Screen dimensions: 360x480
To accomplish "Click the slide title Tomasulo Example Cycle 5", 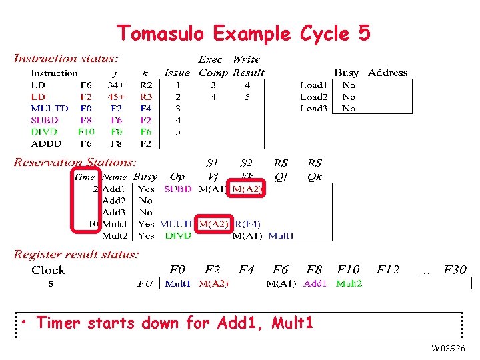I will coord(243,33).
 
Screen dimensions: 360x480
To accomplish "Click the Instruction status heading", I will coord(66,59).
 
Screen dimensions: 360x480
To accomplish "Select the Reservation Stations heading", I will coord(75,162).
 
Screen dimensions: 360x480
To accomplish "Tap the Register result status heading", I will coord(77,254).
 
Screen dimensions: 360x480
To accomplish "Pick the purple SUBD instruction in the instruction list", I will coord(45,120).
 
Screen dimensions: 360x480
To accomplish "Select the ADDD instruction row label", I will coord(46,143).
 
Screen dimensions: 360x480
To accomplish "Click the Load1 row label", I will coord(313,85).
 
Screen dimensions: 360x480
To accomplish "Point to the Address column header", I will coord(387,73).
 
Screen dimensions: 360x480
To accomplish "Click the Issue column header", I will coord(177,73).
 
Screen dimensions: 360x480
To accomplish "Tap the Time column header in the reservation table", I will coord(85,177).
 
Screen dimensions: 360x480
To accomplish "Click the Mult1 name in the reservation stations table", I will coord(114,224).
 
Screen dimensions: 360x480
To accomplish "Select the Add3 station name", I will coord(114,212).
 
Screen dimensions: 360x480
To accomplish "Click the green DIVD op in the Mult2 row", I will coord(178,235).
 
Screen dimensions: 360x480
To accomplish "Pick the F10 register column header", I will coord(348,269).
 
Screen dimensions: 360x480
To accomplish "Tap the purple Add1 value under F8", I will coord(315,283).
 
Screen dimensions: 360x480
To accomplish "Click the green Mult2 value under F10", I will coord(349,283).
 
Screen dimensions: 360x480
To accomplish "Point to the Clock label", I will coord(48,270).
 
